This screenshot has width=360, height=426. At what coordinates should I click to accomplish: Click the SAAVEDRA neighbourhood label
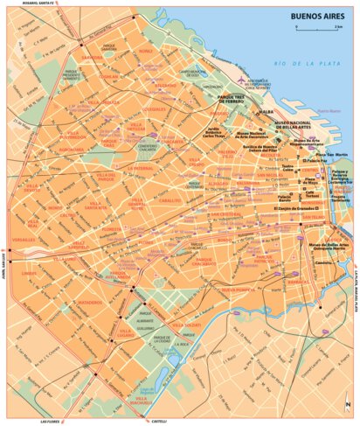pos(91,59)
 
